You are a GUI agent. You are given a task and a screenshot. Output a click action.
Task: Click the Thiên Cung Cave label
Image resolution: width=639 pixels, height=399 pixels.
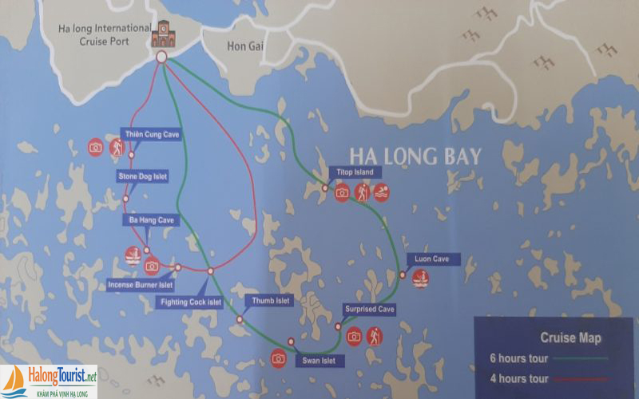[x=151, y=134]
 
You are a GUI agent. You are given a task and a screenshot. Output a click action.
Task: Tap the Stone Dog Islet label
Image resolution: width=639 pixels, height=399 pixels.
[x=143, y=176]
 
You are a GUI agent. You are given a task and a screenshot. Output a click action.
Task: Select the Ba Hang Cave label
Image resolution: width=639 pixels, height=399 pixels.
[x=151, y=219]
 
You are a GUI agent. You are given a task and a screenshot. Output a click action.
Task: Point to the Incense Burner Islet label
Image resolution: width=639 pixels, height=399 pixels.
[x=140, y=285]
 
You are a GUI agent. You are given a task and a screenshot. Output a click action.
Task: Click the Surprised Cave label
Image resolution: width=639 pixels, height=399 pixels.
[x=370, y=309]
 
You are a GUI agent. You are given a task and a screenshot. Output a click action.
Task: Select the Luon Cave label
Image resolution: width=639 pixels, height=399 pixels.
[x=432, y=259]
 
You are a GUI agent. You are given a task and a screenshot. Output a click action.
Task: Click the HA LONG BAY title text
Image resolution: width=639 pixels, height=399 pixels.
[x=415, y=155]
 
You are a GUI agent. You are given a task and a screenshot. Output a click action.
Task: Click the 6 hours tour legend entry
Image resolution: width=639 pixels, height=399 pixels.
[x=518, y=358]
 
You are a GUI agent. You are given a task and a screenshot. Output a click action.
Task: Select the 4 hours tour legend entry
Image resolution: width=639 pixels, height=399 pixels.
[x=518, y=379]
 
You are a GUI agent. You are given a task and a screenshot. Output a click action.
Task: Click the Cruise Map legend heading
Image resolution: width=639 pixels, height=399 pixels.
[x=570, y=338]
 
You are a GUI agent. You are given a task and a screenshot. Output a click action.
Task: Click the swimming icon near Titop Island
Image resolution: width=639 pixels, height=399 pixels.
[x=381, y=192]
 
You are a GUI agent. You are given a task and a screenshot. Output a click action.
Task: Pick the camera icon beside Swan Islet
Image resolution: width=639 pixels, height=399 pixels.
[x=278, y=358]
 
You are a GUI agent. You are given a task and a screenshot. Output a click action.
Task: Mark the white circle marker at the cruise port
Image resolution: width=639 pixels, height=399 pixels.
[x=161, y=57]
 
